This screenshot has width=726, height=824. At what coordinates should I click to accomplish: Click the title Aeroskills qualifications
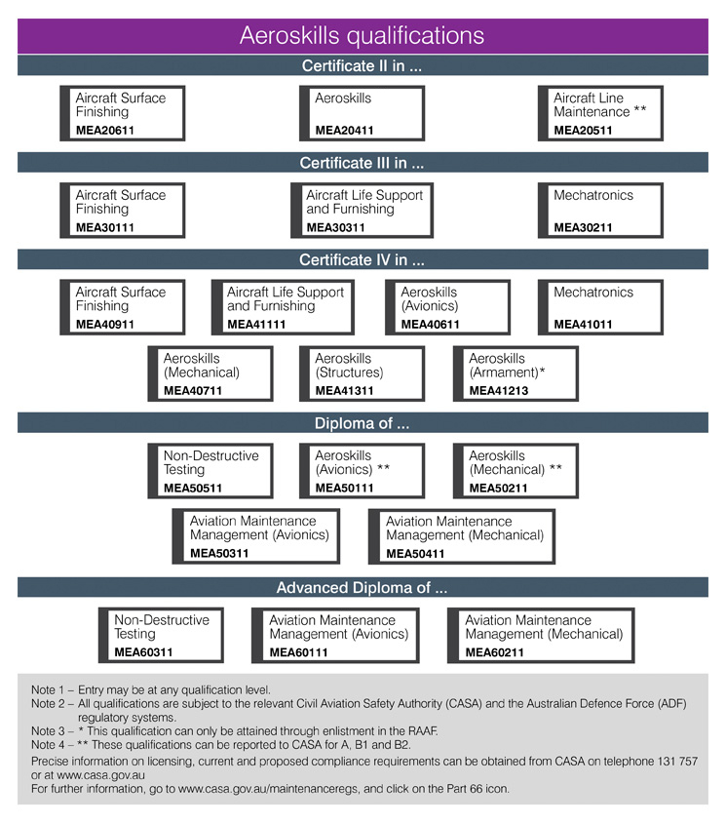362,36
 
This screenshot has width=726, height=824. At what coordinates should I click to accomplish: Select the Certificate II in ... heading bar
363,65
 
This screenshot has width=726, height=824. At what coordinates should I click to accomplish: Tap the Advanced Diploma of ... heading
362,587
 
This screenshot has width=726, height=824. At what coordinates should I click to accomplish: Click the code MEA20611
105,131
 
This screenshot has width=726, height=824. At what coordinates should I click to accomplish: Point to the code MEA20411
344,131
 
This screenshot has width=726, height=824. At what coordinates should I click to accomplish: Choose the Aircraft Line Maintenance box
600,113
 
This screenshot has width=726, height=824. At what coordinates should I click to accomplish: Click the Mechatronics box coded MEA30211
600,211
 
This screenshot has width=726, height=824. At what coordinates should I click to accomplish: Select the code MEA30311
335,227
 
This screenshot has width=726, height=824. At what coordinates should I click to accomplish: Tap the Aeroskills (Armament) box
516,373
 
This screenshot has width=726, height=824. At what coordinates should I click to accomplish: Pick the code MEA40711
193,390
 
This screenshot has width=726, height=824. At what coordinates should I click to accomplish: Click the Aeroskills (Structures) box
362,373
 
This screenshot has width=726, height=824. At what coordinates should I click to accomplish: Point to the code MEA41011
583,325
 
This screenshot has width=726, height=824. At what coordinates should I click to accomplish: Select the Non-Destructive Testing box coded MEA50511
210,471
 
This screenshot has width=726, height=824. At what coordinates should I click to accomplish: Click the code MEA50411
415,553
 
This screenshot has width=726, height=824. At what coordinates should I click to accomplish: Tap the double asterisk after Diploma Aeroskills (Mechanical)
555,468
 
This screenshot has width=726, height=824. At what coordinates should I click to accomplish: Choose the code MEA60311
143,652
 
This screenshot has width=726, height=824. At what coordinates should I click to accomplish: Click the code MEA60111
299,652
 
